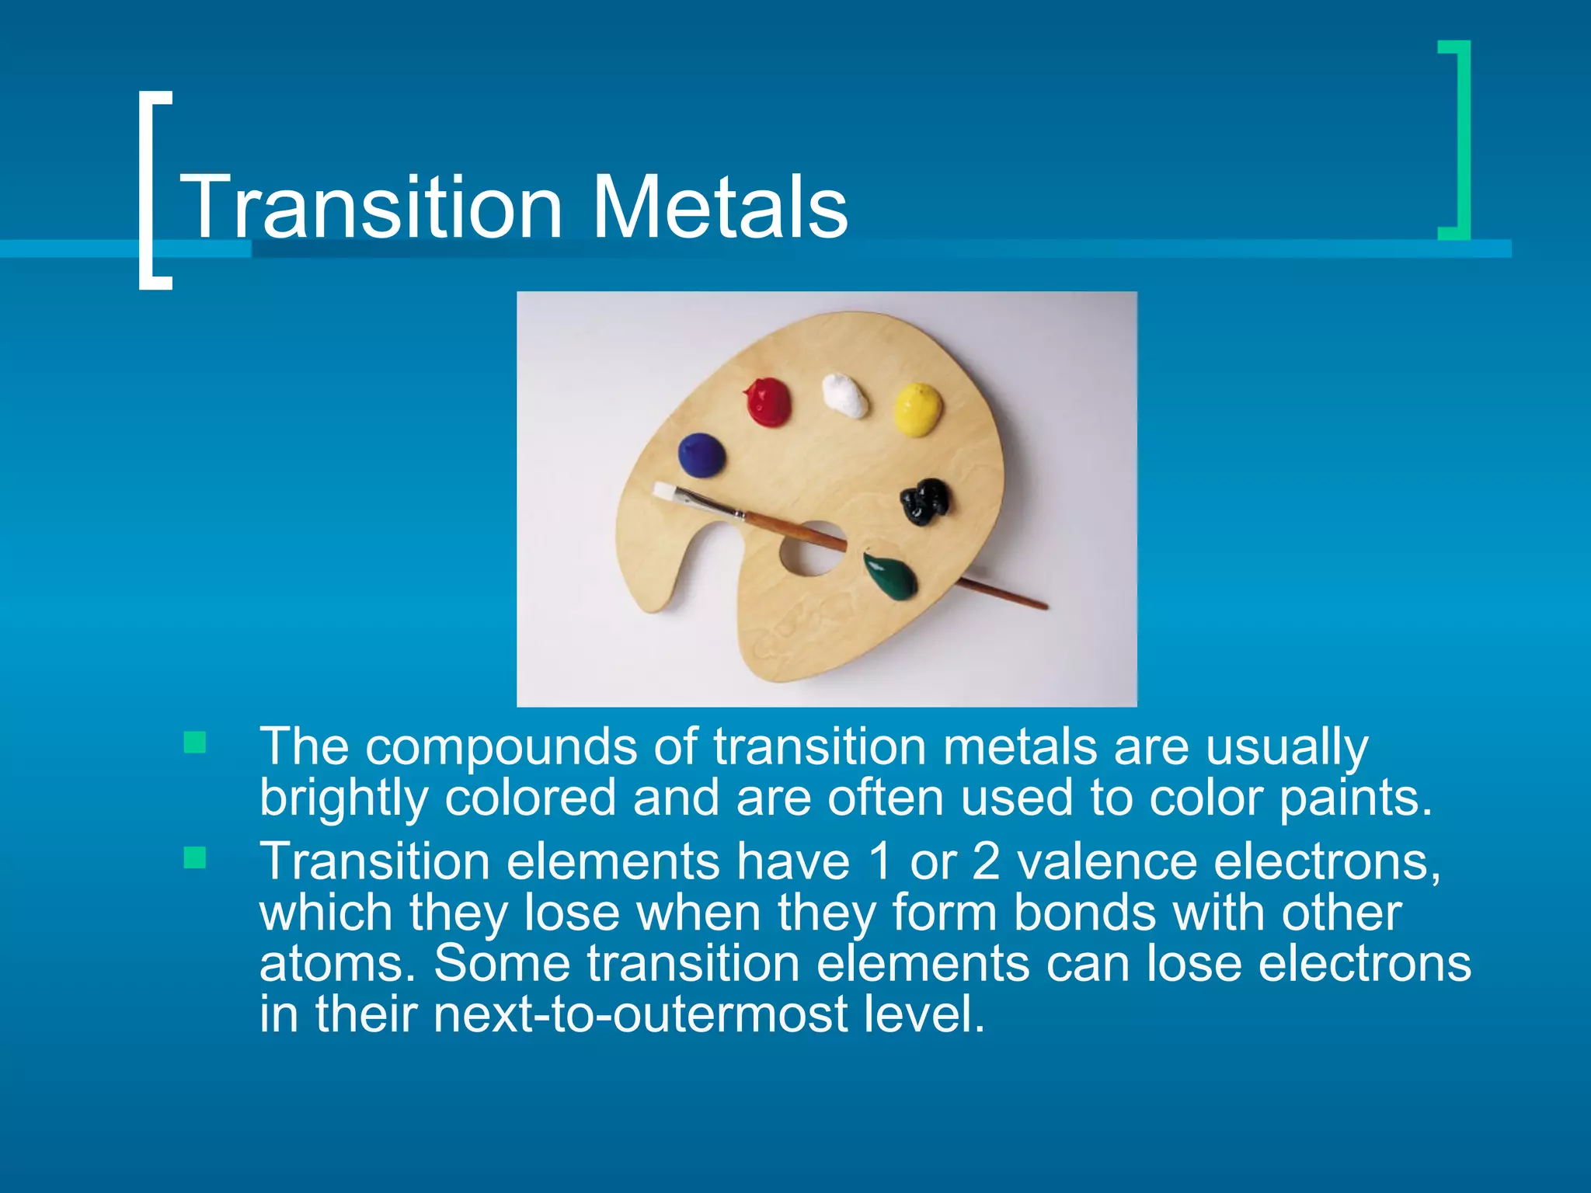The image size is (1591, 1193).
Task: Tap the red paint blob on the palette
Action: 768,402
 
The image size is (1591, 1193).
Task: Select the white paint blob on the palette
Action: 845,396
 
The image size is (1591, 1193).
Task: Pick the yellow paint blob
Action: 917,408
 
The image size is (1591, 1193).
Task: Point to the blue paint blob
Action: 701,455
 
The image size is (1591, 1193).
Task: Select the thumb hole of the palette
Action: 812,549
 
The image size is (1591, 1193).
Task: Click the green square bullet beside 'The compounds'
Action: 195,743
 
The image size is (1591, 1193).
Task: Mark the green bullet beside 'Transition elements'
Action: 195,858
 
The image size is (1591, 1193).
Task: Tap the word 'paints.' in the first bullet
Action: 1356,798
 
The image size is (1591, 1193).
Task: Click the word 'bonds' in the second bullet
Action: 1084,913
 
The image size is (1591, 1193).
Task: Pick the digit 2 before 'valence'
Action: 985,862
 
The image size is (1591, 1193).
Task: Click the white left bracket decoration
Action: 154,190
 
